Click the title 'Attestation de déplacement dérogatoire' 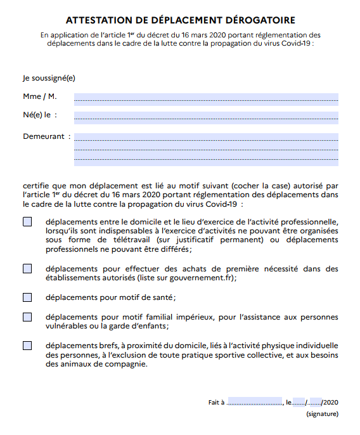point(181,20)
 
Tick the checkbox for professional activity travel point(27,222)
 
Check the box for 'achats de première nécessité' point(27,268)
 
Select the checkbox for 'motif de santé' point(27,297)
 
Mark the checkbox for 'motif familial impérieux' point(27,316)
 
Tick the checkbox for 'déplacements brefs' point(27,346)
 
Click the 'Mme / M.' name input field point(206,98)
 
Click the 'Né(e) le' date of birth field point(206,116)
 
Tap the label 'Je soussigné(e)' point(49,79)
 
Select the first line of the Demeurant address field point(206,137)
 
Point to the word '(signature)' point(322,414)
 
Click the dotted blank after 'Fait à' point(254,402)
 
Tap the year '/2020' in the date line point(331,402)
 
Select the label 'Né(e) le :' point(40,115)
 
